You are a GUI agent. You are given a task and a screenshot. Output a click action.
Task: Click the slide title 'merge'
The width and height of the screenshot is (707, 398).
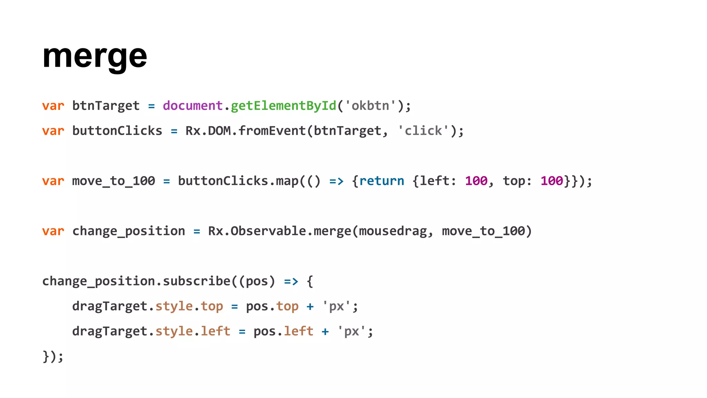(x=95, y=56)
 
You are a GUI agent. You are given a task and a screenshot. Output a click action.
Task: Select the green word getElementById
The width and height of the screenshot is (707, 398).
(x=283, y=106)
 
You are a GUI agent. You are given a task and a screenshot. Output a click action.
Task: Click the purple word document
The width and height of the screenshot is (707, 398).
(x=193, y=106)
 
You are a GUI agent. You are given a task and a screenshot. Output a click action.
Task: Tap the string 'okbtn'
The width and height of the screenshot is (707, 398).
(x=370, y=106)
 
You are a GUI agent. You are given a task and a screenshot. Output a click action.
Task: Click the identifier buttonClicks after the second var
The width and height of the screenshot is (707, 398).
(x=117, y=131)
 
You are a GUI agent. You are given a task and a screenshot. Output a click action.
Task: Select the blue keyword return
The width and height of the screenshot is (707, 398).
(x=381, y=181)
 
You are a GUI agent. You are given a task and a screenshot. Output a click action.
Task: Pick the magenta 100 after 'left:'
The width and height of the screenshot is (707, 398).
(x=476, y=181)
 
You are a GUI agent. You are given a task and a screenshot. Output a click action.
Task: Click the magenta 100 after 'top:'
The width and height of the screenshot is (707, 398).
(x=552, y=181)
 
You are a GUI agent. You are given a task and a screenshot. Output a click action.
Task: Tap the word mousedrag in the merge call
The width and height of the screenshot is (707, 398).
(x=393, y=231)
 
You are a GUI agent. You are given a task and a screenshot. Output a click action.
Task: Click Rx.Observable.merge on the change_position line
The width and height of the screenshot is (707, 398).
(x=280, y=231)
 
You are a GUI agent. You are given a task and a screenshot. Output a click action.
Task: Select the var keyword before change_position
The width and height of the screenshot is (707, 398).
(x=53, y=231)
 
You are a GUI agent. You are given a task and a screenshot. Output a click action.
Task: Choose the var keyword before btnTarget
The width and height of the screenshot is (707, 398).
(x=53, y=106)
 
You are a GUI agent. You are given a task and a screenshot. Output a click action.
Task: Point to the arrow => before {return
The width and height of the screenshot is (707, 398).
(x=336, y=181)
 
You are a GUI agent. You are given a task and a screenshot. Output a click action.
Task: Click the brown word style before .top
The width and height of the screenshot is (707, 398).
(x=174, y=306)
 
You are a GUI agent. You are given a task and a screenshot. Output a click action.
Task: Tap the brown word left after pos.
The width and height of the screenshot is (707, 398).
(x=299, y=331)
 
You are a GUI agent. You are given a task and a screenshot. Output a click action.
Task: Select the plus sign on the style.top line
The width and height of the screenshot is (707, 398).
(x=310, y=306)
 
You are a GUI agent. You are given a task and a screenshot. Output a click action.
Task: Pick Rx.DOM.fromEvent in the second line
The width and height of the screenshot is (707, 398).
(x=245, y=131)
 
